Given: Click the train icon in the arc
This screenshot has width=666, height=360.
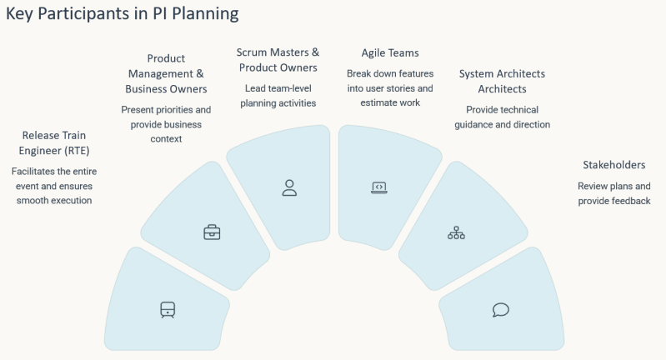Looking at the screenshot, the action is [x=168, y=310].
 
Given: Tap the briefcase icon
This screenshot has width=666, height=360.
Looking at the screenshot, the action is [x=212, y=232].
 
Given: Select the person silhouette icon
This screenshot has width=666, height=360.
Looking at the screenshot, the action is [x=289, y=187].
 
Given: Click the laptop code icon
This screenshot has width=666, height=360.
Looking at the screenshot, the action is [x=379, y=187].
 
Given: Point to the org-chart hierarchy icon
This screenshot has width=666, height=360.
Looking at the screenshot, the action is [x=456, y=232].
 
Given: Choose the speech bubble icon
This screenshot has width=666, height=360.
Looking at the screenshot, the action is [x=501, y=310].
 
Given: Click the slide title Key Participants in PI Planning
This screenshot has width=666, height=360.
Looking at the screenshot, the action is [x=123, y=13].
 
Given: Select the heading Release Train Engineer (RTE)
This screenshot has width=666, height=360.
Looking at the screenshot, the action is [x=54, y=143].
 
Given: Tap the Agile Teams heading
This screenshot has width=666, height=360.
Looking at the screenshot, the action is [x=390, y=53].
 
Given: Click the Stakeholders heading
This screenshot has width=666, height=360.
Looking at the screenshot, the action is [x=613, y=165].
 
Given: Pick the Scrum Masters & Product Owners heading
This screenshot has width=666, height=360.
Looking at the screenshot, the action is [x=278, y=60].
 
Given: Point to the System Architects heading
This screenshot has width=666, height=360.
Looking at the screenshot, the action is [x=502, y=81].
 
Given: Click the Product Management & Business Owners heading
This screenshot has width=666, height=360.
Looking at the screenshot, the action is [x=166, y=73].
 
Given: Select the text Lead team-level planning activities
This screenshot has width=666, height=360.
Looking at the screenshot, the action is [x=278, y=96].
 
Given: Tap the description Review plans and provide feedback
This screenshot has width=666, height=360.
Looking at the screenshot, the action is [x=613, y=193].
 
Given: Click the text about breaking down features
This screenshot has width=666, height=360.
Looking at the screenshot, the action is [x=390, y=87].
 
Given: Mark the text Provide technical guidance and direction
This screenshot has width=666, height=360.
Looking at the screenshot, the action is [x=502, y=117].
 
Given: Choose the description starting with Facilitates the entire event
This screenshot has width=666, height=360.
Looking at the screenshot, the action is [x=54, y=186].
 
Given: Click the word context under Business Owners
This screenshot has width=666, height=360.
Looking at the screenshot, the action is [x=166, y=139].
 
